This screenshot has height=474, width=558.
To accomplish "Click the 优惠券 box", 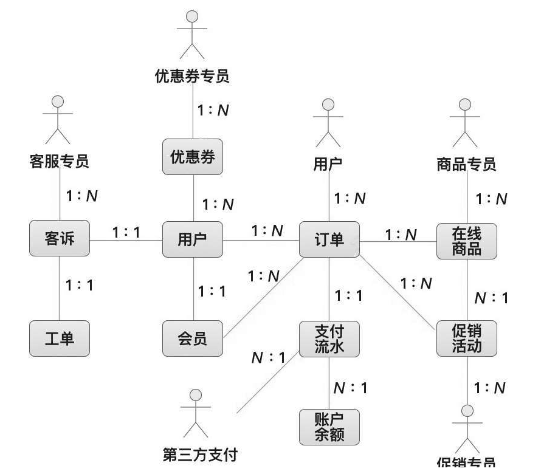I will coord(193,157).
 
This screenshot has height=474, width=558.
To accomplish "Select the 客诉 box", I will coord(60,239).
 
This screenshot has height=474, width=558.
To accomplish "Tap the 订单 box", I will coord(329,239).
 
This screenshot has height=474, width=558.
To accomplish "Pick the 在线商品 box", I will coord(466,241).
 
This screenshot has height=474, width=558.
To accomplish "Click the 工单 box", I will coord(60,338).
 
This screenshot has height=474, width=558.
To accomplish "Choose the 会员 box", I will coord(193,338).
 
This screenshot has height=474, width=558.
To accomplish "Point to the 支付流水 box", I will coord(329,338).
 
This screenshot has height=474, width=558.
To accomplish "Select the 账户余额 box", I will coord(329,427).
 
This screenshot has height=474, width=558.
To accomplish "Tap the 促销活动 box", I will coord(466,338).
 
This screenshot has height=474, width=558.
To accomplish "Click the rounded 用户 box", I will coord(193,239).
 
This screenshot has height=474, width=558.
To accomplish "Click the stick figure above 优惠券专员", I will coord(193,33).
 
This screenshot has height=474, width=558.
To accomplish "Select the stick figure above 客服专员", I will coord(58,118).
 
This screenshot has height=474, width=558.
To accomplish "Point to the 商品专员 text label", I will coord(466,164).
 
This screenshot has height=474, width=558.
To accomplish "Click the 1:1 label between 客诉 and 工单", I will coord(80,284).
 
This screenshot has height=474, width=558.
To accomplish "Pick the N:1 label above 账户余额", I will coord(351,388).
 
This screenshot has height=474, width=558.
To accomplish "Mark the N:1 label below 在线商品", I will coord(491,298).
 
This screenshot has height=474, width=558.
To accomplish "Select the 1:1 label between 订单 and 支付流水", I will coord(349,295).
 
